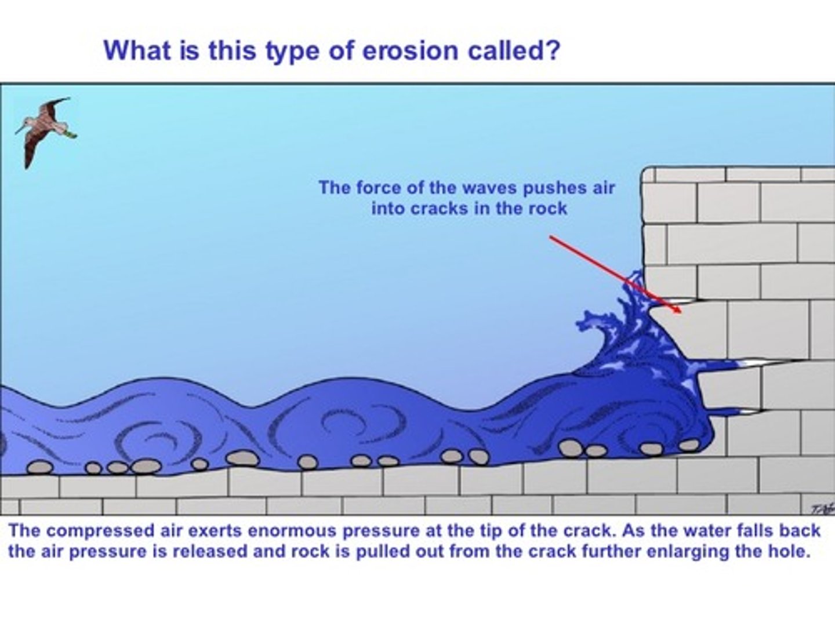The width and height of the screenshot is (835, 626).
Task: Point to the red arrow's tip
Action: [681, 312]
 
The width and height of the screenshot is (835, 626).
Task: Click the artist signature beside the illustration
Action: [821, 508]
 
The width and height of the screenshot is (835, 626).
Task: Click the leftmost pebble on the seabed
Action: [40, 467]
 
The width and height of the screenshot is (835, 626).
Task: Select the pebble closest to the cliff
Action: [689, 445]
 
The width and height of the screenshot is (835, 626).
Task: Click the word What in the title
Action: [133, 50]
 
